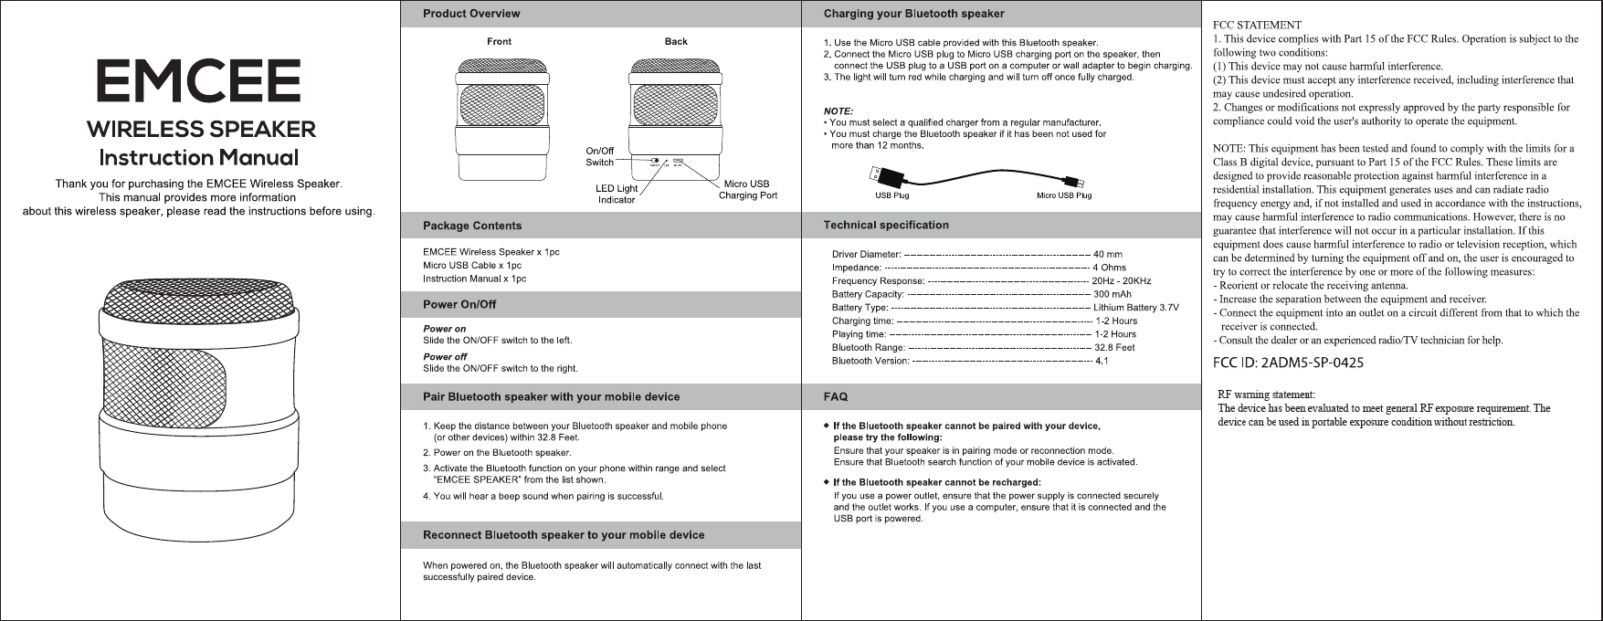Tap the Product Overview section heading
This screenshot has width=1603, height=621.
pos(471,14)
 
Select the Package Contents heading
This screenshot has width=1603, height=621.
pos(472,226)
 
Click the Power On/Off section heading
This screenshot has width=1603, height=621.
pos(459,304)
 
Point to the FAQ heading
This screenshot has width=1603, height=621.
pos(836,397)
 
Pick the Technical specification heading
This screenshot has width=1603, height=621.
pos(886,225)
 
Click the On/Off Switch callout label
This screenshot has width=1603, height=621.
pos(599,156)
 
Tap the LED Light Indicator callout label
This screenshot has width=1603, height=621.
pos(617,195)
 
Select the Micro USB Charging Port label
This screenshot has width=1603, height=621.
pos(748,190)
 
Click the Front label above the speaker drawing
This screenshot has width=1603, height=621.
pos(499,42)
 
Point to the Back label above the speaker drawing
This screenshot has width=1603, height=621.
pos(676,42)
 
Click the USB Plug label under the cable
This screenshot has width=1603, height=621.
pos(891,195)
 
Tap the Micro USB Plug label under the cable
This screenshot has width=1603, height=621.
pos(1064,195)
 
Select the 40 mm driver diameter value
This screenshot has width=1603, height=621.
pos(1108,254)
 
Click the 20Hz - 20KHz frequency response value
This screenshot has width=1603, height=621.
pos(1122,280)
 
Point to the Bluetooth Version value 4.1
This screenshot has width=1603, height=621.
pos(1102,361)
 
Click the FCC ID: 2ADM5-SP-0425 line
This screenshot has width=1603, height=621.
pos(1288,363)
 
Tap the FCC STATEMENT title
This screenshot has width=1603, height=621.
pos(1257,25)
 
